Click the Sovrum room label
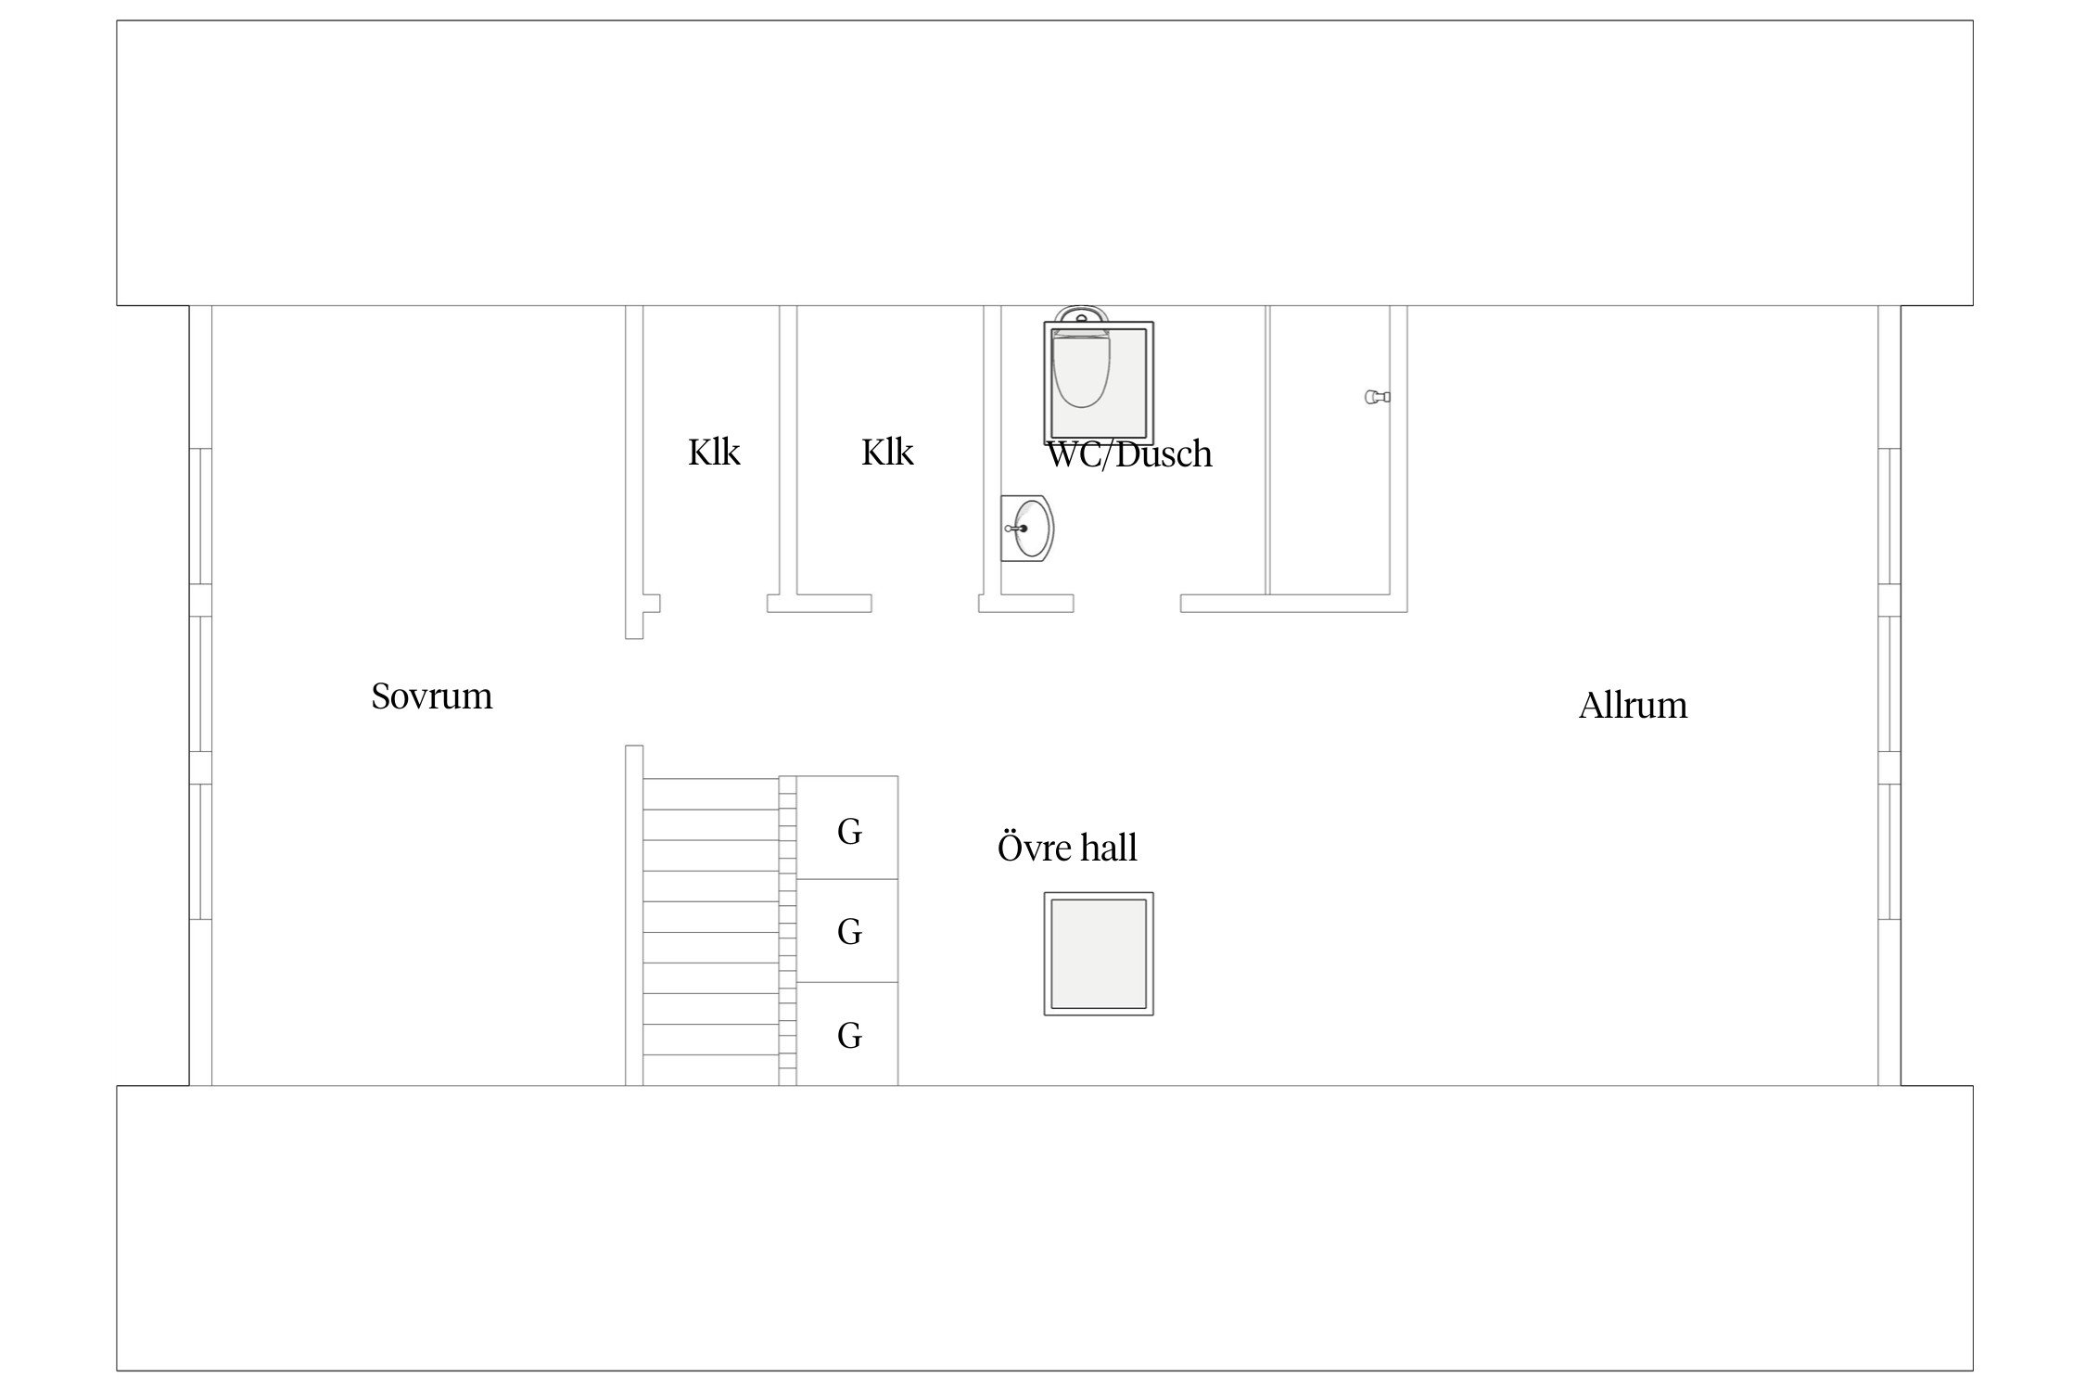431,696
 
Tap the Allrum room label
1632,706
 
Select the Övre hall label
1066,848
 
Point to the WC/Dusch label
1128,454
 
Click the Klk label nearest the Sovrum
714,453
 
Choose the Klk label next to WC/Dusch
887,453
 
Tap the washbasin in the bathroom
1029,529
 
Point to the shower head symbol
1377,397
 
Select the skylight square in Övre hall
1099,953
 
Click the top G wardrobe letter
849,832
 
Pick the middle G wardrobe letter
849,931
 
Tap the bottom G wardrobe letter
849,1035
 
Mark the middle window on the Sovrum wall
201,683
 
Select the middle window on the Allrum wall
1889,683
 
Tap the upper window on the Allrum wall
1889,516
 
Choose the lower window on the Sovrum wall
201,851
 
